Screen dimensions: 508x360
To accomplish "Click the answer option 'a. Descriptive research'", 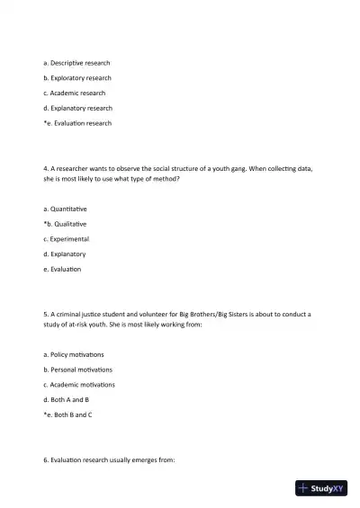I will [76, 63].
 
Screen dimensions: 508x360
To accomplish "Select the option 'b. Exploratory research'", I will [77, 78].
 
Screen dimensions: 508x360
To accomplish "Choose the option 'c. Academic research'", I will [74, 93].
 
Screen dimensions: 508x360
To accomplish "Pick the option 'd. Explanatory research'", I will [77, 108].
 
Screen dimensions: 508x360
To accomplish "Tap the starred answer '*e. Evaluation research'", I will [77, 123].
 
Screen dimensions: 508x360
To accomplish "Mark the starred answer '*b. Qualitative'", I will [65, 224].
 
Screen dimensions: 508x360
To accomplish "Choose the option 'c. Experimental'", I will [66, 239].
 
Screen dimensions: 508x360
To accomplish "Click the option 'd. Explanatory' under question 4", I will [65, 254].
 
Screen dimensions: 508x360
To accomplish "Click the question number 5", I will [45, 314].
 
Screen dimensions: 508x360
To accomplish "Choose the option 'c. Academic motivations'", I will [78, 385].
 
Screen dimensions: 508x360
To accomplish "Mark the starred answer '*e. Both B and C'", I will [67, 414].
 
